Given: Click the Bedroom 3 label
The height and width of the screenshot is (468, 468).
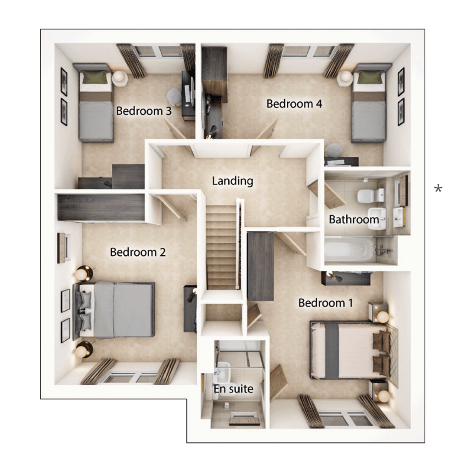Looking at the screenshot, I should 143,111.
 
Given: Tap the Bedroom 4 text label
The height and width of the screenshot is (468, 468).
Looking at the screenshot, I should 294,104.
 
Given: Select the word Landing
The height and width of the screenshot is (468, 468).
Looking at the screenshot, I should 232,181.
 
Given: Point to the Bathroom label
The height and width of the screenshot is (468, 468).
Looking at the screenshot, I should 354,219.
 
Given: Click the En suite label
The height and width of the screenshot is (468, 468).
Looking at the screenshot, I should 233,389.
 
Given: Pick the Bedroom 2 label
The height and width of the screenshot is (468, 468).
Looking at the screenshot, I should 137,252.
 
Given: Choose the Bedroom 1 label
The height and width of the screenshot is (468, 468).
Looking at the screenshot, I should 325,302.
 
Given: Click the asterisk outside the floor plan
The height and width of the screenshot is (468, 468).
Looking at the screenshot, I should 439,189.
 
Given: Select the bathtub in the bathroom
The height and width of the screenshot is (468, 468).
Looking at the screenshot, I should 348,249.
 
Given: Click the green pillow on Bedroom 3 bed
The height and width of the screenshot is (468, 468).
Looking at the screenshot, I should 95,78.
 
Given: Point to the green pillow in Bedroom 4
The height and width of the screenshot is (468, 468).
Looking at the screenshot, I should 370,77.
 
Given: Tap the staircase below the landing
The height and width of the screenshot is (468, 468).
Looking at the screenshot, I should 221,247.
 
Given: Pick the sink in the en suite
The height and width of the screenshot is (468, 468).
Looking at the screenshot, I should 222,373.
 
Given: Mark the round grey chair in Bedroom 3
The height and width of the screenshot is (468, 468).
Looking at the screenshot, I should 174,96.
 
